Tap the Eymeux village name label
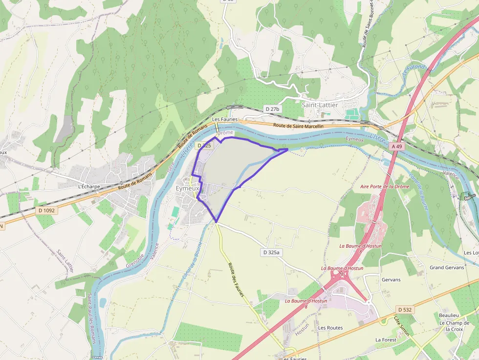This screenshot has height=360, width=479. pos(188,189)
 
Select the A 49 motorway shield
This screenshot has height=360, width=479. pos(396,146)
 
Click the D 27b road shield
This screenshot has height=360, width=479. pos(272,108)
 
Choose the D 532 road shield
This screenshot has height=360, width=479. pos(405,310)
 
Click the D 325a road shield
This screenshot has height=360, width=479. pos(271,253)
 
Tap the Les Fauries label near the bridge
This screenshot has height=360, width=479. pos(224,119)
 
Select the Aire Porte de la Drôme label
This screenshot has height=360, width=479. pos(384,187)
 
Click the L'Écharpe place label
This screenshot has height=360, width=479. pos(89,187)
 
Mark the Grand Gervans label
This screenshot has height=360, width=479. pos(447,268)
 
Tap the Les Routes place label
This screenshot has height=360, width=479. pos(330,328)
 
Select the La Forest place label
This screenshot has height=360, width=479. pos(385,339)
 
